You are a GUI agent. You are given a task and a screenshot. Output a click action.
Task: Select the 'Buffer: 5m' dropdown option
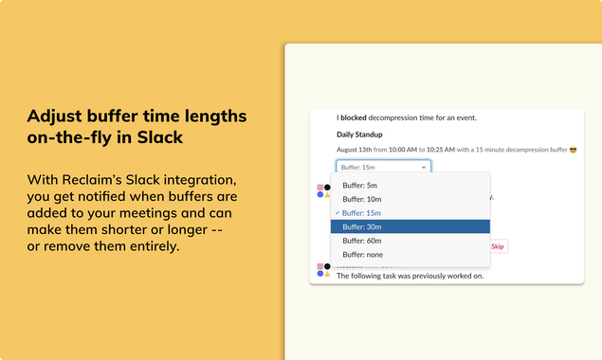(x=361, y=185)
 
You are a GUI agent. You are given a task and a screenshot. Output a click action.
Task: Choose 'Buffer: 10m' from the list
(x=363, y=199)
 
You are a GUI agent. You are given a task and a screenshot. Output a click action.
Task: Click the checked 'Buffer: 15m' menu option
(x=363, y=213)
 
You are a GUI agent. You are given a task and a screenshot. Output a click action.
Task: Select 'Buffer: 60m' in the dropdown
(x=363, y=241)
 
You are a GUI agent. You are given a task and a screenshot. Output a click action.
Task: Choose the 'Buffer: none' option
(x=365, y=255)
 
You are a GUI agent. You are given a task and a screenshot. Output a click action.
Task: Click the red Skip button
(x=499, y=246)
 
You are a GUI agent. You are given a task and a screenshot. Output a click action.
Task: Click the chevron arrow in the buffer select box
(x=423, y=167)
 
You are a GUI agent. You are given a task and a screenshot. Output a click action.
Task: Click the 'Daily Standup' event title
(x=359, y=135)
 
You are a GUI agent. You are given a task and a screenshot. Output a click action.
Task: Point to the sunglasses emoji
(x=573, y=150)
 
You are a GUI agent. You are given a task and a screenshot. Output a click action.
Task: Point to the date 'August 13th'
(x=356, y=150)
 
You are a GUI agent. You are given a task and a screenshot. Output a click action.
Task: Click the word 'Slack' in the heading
(x=157, y=138)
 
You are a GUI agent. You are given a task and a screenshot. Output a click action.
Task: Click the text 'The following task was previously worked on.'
(x=410, y=276)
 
